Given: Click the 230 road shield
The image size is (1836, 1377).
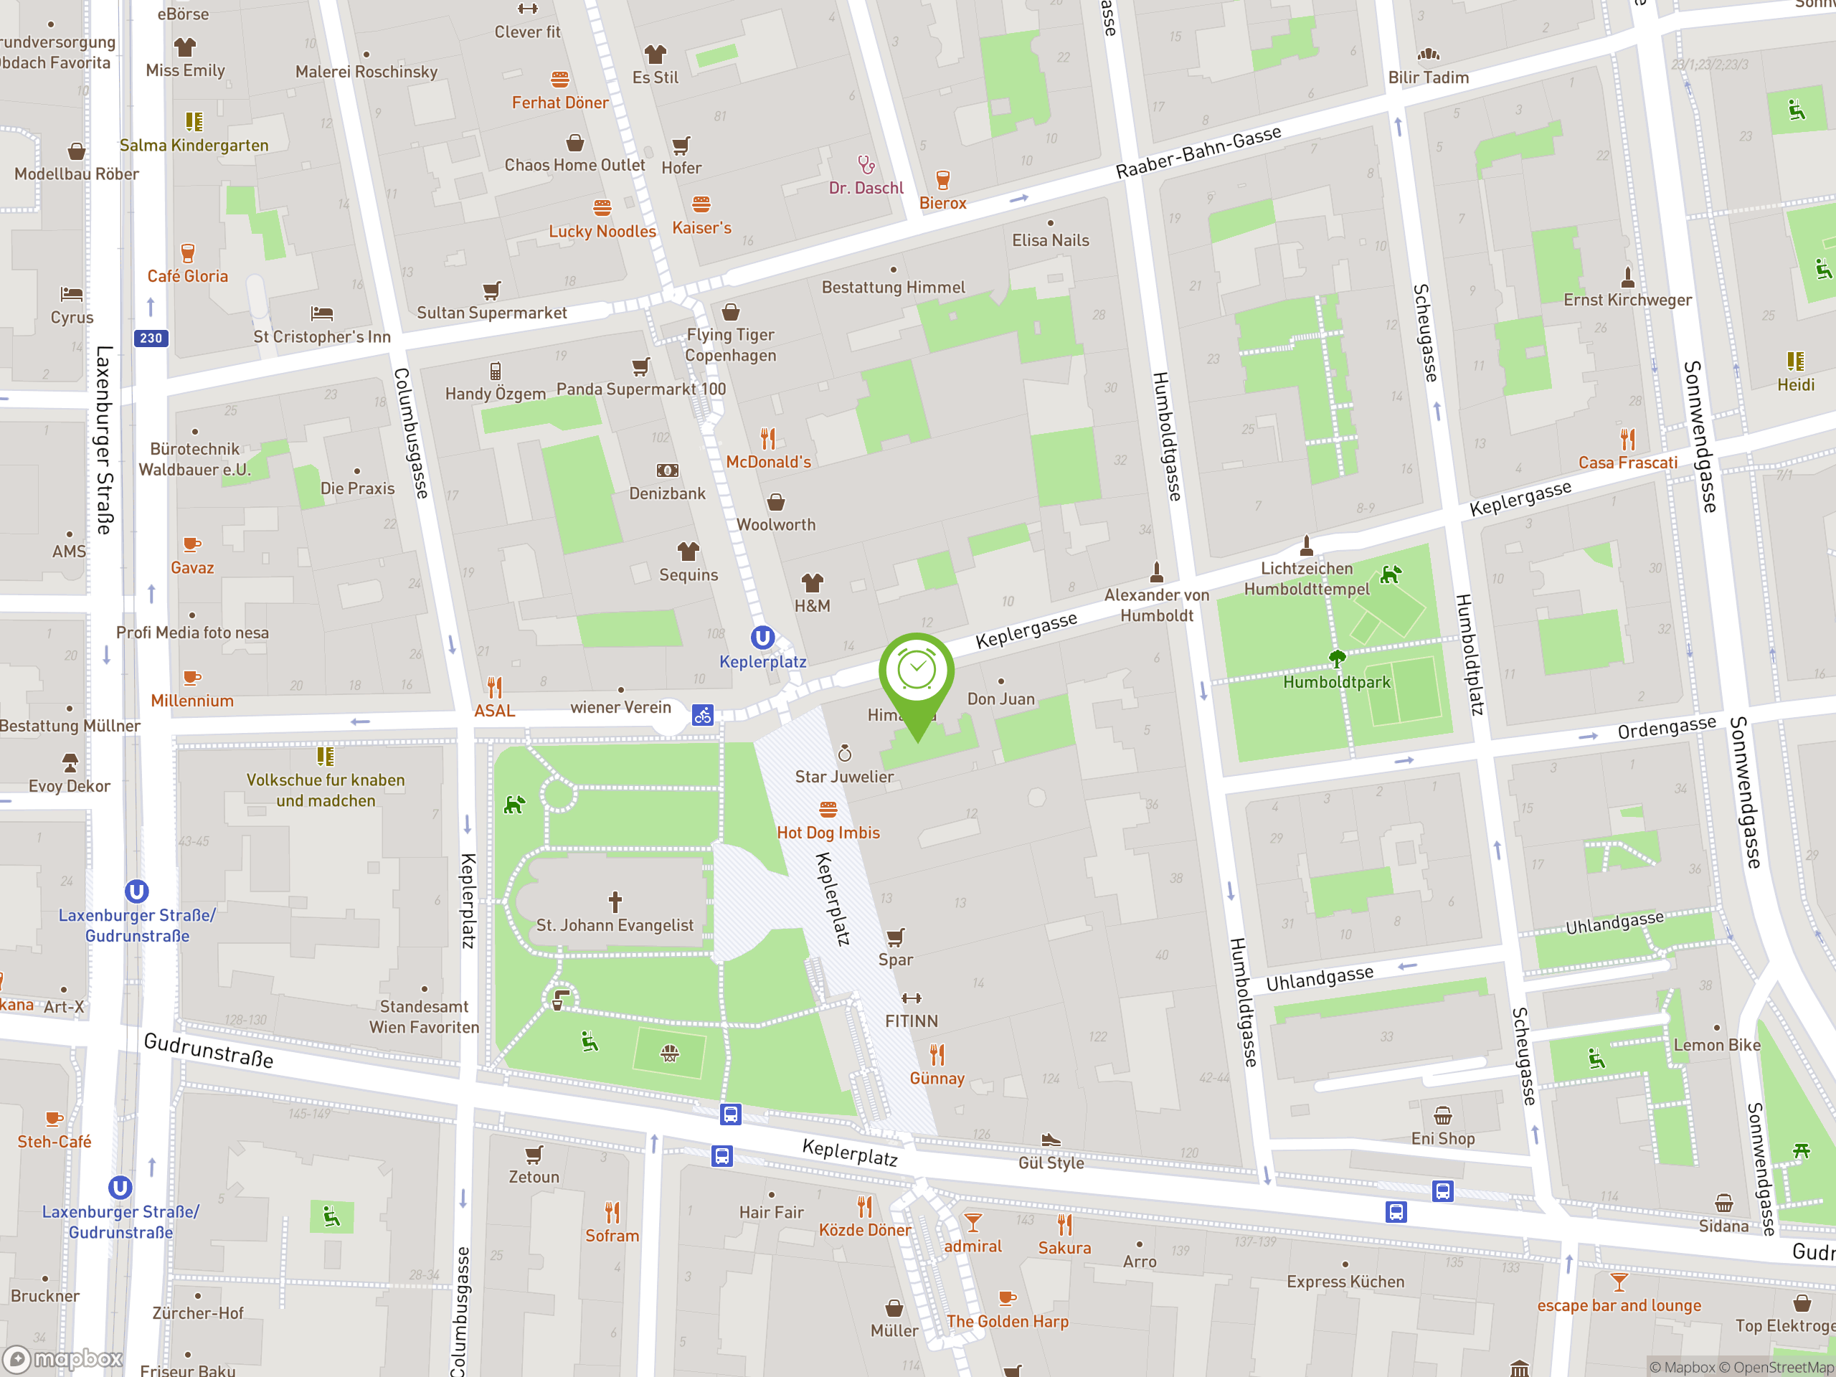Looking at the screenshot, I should point(151,338).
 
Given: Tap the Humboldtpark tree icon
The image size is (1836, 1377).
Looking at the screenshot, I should point(1336,659).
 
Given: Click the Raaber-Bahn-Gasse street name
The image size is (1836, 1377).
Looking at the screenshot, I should point(1198,153).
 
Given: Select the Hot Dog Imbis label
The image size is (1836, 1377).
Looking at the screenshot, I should point(828,833).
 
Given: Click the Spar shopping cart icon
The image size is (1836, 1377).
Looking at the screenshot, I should point(895,938).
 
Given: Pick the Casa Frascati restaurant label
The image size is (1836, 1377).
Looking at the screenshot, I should point(1627,463).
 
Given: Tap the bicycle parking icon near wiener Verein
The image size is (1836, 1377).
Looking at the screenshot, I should point(702,714).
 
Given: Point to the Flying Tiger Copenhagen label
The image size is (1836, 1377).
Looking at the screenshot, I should point(730,345).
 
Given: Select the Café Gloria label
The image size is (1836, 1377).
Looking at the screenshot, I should point(188,276).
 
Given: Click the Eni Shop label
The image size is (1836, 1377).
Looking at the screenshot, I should point(1442,1139).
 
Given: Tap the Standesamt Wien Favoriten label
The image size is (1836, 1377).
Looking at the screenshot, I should point(424,1017).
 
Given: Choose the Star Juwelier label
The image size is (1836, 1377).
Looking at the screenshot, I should point(844,777).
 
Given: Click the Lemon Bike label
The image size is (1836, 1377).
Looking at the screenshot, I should point(1716,1045).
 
